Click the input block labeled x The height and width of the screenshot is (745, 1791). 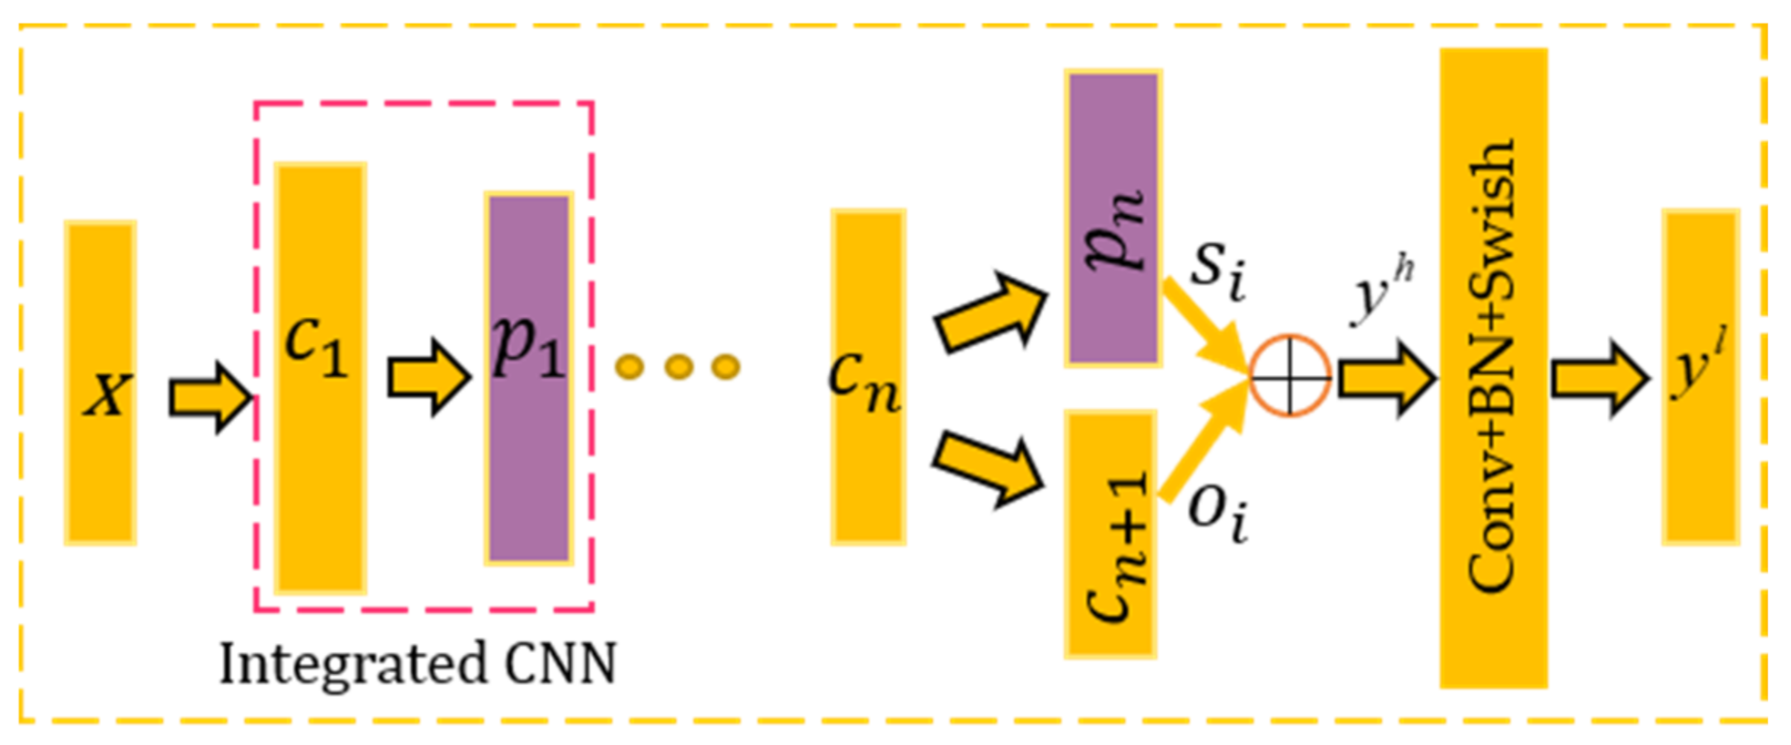click(100, 383)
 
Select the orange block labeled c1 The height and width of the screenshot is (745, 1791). click(320, 378)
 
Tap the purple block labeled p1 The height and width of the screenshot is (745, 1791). click(528, 378)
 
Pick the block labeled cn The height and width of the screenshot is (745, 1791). click(867, 377)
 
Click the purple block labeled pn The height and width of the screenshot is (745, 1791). click(1113, 219)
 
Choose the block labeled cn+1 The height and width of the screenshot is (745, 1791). click(1110, 534)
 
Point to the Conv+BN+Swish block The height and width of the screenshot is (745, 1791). click(1493, 368)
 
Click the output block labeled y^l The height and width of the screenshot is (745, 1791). click(1700, 377)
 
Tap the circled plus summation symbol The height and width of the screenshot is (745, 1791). click(1290, 375)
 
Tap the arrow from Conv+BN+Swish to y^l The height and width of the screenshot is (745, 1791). click(1600, 378)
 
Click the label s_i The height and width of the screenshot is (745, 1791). click(1218, 270)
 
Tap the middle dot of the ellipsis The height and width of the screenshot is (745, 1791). click(678, 367)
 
